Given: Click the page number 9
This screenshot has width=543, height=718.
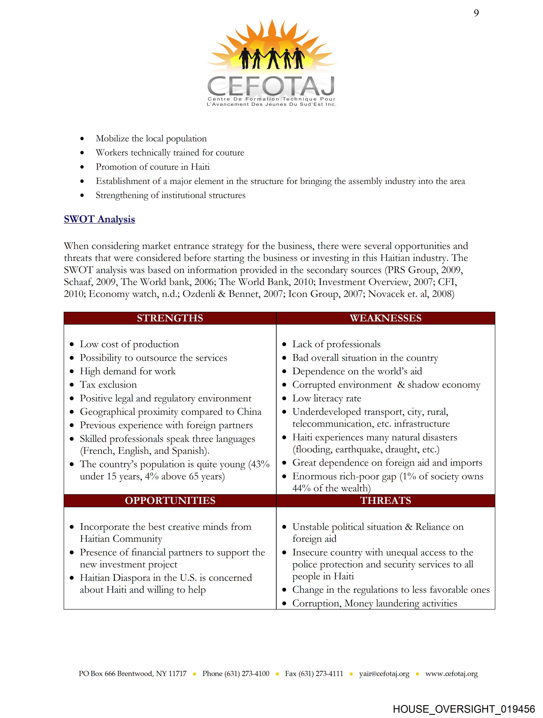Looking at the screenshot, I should click(476, 13).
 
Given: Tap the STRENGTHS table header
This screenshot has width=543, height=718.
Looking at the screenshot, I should click(170, 318).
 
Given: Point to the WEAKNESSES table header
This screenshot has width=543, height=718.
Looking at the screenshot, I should click(385, 318).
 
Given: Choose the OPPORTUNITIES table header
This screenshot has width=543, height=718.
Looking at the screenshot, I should click(170, 501).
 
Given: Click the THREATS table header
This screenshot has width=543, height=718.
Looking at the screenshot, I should click(385, 501).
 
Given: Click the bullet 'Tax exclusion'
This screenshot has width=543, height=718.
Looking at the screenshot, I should click(108, 385).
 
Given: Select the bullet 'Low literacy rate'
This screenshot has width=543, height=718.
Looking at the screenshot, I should click(327, 398).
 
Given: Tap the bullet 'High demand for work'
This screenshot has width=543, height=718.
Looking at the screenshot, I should click(128, 371).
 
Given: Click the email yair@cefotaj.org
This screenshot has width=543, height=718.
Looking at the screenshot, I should click(384, 673).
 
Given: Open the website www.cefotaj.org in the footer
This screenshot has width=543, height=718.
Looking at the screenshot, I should click(451, 673).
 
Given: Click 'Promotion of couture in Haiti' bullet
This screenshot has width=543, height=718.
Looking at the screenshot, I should click(152, 167).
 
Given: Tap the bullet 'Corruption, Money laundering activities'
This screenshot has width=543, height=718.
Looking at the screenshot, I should click(375, 603).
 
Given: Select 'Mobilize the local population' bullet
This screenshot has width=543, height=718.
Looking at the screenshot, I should click(151, 139).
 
